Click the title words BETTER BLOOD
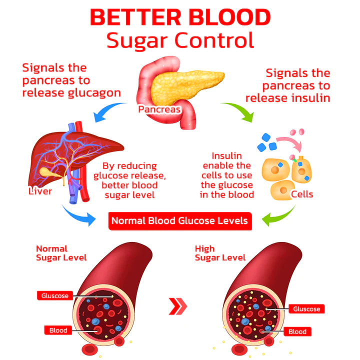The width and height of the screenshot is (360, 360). coord(179,18)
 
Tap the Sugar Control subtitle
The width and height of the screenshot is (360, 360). coord(180,40)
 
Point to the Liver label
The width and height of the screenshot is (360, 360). coord(40,191)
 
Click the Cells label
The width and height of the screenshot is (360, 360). coord(302,193)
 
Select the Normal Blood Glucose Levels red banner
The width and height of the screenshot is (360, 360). coord(179,220)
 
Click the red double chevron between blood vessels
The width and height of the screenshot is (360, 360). coord(178,306)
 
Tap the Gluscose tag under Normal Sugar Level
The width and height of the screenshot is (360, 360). coord(55,295)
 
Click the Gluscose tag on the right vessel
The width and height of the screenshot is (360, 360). coord(306,309)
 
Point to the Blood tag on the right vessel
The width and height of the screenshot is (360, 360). coord(297,331)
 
